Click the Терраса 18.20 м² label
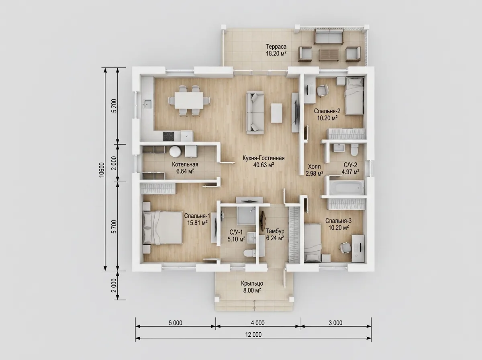tap(276, 50)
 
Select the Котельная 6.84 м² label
tap(185, 168)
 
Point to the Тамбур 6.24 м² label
tap(275, 234)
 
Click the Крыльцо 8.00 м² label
tap(252, 287)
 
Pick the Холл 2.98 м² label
tap(314, 170)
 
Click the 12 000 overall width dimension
tap(253, 335)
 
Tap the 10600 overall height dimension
tap(102, 170)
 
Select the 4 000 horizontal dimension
tap(257, 323)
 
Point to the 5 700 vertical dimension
tap(114, 227)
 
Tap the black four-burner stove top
tap(169, 136)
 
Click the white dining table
tap(189, 100)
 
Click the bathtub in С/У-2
tap(345, 188)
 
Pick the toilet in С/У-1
tap(249, 253)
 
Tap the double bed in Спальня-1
tap(163, 227)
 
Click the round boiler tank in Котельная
tap(176, 151)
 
